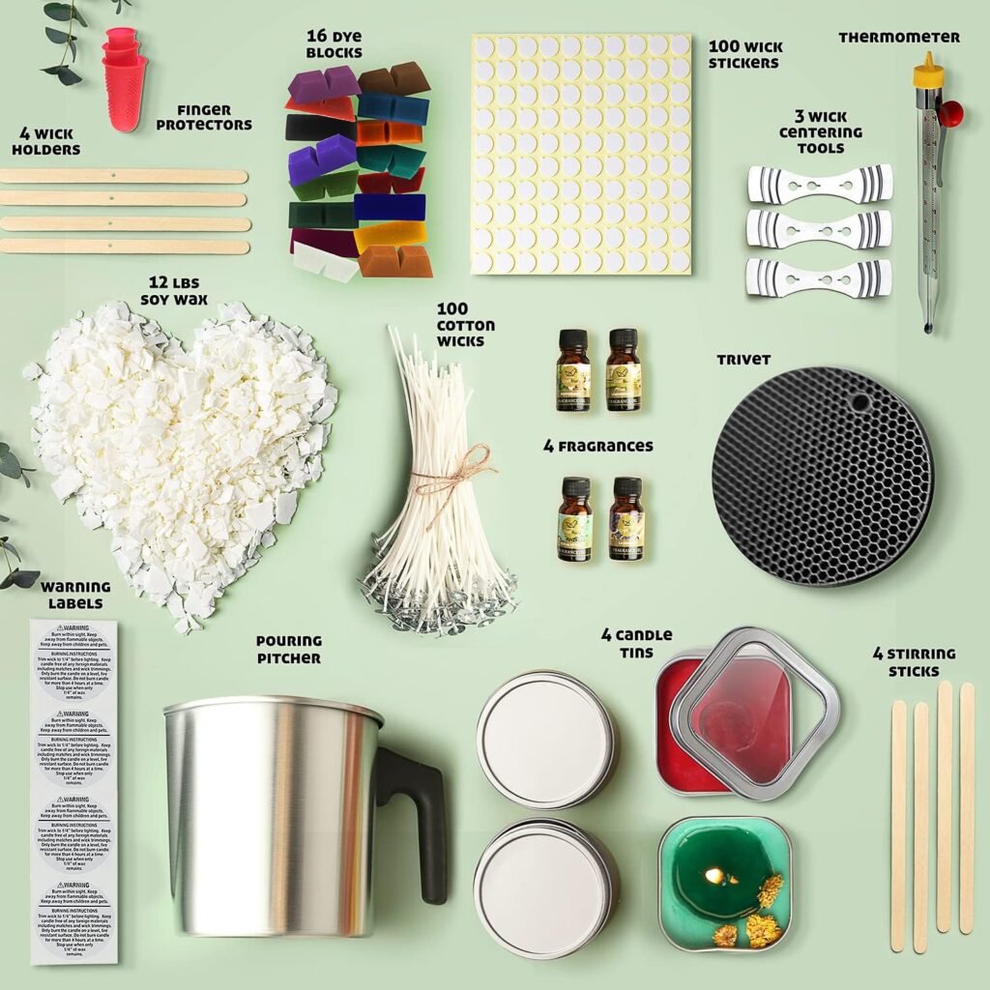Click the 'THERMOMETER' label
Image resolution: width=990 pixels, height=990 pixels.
(x=899, y=38)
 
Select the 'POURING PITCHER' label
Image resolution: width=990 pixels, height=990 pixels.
(x=288, y=649)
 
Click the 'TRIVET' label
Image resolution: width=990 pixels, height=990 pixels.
(x=743, y=360)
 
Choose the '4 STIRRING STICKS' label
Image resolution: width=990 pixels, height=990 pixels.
(x=913, y=662)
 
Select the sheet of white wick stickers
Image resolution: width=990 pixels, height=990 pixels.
(x=581, y=155)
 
